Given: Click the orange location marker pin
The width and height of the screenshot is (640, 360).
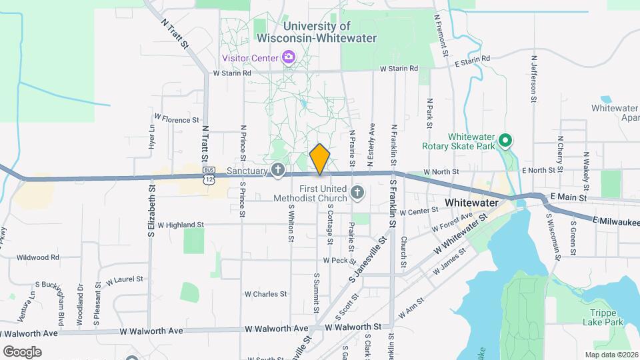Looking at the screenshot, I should tap(320, 159).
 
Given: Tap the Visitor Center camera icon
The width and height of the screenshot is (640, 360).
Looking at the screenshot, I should tap(289, 57).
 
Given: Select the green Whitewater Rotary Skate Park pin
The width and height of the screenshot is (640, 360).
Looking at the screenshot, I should tap(505, 141).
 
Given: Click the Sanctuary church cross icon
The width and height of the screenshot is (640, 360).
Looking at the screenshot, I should tap(277, 171).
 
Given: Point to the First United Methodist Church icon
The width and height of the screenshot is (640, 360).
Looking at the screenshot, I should tap(357, 193).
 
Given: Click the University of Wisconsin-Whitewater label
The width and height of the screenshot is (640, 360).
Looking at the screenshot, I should tap(325, 32).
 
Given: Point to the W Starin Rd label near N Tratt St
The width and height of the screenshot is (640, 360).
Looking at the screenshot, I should tap(231, 73).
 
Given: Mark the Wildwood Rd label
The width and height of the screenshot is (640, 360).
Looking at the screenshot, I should tap(38, 257).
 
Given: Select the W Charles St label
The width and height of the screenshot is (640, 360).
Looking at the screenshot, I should tap(265, 293).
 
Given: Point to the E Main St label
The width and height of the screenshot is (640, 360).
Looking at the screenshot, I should tap(569, 197).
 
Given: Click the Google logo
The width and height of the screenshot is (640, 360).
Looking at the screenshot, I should tap(22, 351).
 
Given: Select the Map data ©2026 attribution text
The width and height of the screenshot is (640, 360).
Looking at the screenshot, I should tap(611, 355).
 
